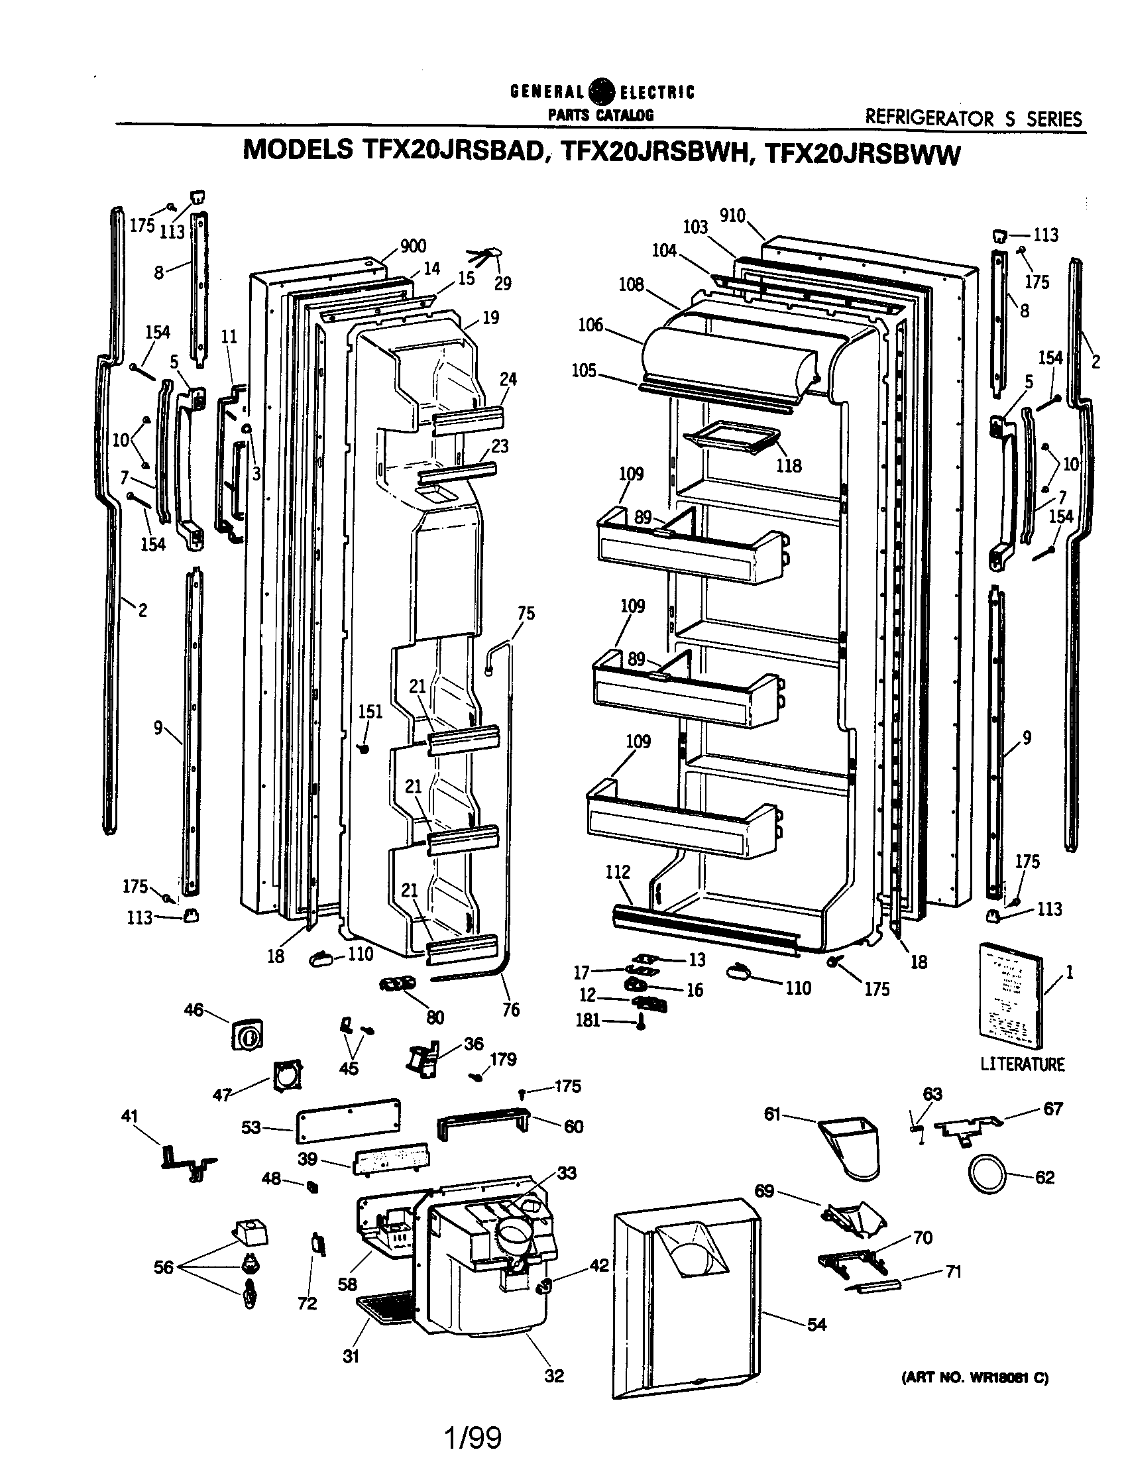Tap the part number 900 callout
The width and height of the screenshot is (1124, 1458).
(x=413, y=247)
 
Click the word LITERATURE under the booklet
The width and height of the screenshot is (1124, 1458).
(x=1022, y=1064)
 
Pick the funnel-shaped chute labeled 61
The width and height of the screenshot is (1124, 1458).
(x=850, y=1147)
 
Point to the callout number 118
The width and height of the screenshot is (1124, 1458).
(x=789, y=466)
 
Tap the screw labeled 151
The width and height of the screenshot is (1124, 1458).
(x=365, y=748)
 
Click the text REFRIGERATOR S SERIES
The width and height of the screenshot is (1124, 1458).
(x=973, y=119)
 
